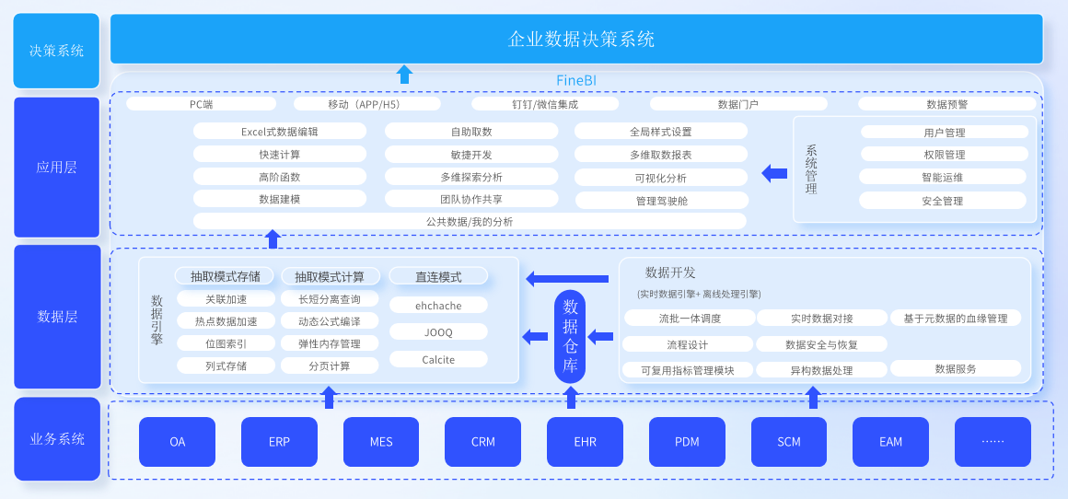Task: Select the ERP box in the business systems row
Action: coord(279,442)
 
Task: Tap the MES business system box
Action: coord(381,442)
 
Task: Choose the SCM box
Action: coord(789,442)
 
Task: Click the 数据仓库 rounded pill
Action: coord(570,336)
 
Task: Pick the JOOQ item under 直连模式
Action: coord(438,332)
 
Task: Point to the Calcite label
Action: coord(438,360)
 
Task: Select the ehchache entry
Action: coord(438,306)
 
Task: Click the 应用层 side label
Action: coord(56,168)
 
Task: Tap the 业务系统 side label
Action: coord(56,439)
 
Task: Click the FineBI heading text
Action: coord(576,81)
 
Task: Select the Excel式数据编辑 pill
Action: coord(280,132)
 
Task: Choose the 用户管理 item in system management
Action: coord(944,133)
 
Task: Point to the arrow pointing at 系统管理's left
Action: coord(774,172)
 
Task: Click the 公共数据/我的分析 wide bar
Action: coord(470,221)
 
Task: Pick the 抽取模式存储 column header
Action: coord(226,276)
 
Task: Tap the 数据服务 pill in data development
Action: coord(956,368)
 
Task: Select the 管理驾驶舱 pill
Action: coord(661,201)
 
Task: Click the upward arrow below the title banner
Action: coord(404,75)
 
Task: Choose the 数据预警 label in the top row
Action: coord(947,104)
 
